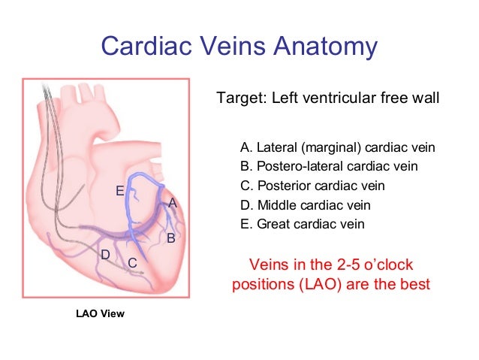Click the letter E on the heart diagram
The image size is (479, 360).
pyautogui.click(x=119, y=191)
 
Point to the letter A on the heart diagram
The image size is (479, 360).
pyautogui.click(x=172, y=203)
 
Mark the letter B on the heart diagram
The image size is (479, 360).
pyautogui.click(x=170, y=238)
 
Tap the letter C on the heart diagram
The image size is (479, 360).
pyautogui.click(x=131, y=263)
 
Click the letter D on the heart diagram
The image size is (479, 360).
pyautogui.click(x=106, y=256)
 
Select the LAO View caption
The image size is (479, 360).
pyautogui.click(x=101, y=313)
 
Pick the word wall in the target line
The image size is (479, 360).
pyautogui.click(x=425, y=98)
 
